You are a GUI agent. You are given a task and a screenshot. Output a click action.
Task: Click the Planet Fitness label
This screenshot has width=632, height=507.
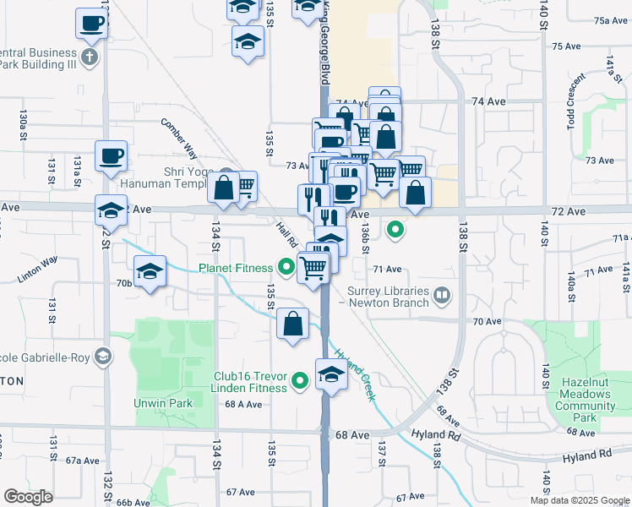pyautogui.click(x=237, y=269)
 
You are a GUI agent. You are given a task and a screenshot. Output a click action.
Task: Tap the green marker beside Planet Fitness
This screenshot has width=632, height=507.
pyautogui.click(x=286, y=269)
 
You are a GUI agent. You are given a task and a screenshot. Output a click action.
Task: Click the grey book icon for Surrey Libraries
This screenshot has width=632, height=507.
pyautogui.click(x=442, y=295)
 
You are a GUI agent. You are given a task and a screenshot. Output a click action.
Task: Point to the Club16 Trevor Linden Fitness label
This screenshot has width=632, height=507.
pyautogui.click(x=250, y=383)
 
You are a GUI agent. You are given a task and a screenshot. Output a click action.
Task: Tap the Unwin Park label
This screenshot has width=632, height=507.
pyautogui.click(x=163, y=403)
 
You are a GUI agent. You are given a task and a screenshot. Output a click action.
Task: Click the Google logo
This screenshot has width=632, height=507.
pyautogui.click(x=28, y=496)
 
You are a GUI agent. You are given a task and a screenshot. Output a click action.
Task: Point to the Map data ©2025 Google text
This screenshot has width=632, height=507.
pyautogui.click(x=579, y=500)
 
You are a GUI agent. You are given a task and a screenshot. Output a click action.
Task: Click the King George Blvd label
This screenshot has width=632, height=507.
pyautogui.click(x=324, y=42)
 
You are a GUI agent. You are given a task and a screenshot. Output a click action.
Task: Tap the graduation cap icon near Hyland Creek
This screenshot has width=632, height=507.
pyautogui.click(x=331, y=374)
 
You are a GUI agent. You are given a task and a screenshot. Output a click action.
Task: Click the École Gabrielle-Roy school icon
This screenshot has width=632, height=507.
pyautogui.click(x=103, y=357)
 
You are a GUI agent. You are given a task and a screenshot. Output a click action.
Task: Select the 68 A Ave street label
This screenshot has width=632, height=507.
pyautogui.click(x=242, y=404)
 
